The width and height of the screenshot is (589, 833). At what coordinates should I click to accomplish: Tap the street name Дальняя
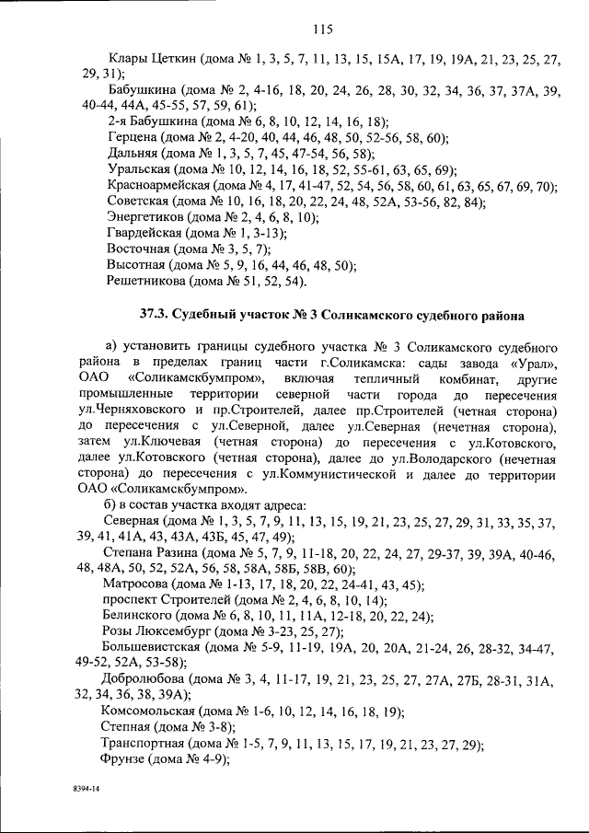pyautogui.click(x=134, y=154)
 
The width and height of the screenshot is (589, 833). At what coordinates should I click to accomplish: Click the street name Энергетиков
pyautogui.click(x=146, y=217)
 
